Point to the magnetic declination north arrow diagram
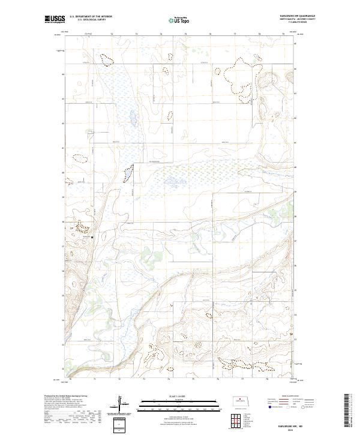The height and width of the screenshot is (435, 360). pyautogui.click(x=121, y=405)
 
